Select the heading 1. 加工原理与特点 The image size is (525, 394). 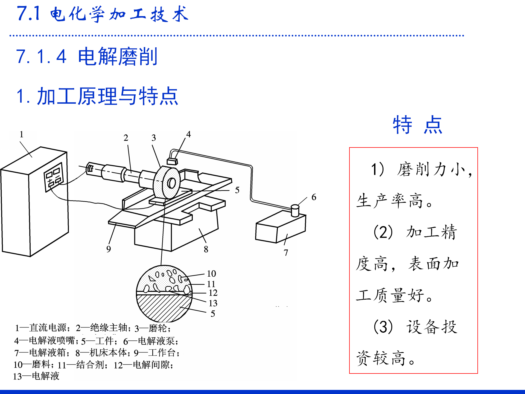pos(97,96)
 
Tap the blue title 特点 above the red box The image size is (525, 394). pos(418,125)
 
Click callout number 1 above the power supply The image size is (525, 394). pos(21,134)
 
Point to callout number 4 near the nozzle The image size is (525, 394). pos(188,134)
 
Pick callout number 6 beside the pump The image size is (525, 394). pos(314,197)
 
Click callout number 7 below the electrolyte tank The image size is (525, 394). pos(286,253)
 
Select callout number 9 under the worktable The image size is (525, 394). pos(109,249)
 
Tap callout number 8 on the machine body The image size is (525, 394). pos(206,249)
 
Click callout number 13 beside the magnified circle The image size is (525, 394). pos(213,303)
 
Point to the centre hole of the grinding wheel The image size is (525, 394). pos(171,183)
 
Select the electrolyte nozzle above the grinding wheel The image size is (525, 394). pos(172,161)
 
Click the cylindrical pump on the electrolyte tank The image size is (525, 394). pos(295,210)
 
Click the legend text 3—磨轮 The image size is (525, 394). pos(152,328)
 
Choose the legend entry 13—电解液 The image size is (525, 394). pos(36,376)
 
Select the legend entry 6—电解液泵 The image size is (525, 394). pos(150,341)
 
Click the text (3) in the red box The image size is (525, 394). pos(383,327)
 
